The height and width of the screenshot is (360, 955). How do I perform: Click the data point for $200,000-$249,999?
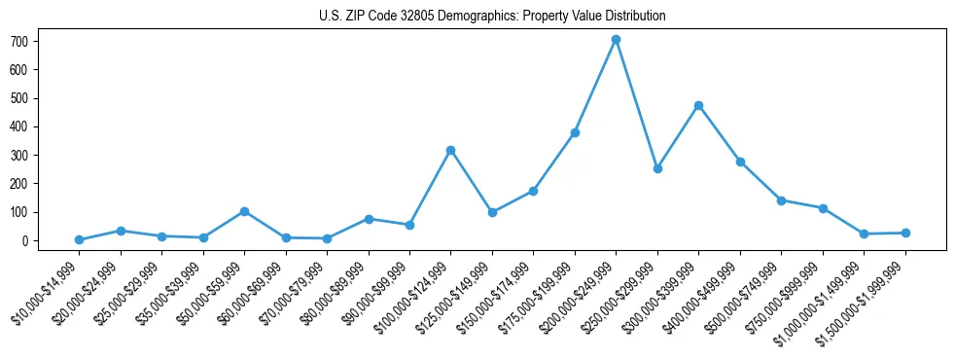point(616,40)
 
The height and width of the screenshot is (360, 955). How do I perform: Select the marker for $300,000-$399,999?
point(698,105)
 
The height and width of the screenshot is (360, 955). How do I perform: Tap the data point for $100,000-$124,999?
point(450,150)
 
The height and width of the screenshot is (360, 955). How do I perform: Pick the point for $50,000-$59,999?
point(244,211)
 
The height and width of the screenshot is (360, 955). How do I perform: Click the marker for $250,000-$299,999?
point(657,168)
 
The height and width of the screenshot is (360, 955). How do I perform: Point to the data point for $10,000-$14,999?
point(79,239)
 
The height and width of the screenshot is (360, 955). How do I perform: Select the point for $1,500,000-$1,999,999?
point(905,233)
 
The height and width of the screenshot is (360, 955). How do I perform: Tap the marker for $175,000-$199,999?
point(575,132)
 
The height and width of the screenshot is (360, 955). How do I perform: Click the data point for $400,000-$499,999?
point(740,162)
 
